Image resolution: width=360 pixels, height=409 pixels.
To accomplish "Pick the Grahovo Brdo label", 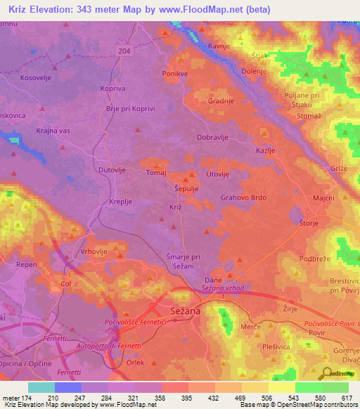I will point(243,198).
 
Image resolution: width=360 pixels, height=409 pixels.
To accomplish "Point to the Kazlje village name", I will point(264,151).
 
